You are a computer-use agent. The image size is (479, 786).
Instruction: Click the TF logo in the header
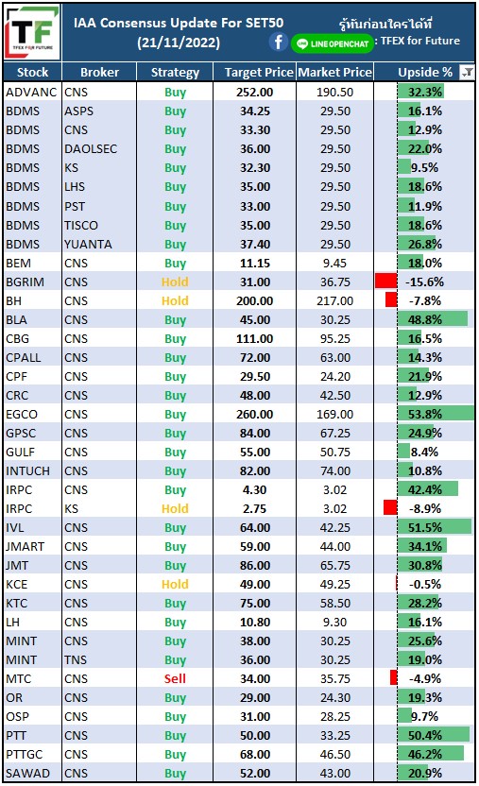[32, 33]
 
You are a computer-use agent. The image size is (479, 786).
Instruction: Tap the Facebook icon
[279, 43]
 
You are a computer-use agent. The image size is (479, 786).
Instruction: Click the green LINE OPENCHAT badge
[333, 43]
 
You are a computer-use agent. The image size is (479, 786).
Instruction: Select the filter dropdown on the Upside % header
[467, 73]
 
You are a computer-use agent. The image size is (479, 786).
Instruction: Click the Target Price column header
[259, 73]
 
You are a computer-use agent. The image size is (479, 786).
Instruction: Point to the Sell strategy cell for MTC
[175, 678]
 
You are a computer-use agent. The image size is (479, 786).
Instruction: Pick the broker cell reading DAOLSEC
[91, 149]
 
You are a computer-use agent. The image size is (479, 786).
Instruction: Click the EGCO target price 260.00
[254, 415]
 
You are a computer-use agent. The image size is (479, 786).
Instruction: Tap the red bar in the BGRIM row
[385, 281]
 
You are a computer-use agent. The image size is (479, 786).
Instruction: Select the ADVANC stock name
[31, 93]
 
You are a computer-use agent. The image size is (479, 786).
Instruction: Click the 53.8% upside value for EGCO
[425, 415]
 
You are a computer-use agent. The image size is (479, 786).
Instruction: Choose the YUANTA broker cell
[88, 244]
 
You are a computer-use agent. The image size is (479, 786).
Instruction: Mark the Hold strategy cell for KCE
[175, 585]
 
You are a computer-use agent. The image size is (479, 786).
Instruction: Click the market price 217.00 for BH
[334, 300]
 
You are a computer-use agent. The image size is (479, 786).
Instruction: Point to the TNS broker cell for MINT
[76, 659]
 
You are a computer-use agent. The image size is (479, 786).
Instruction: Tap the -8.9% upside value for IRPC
[425, 509]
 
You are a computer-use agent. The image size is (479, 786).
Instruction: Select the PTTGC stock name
[24, 755]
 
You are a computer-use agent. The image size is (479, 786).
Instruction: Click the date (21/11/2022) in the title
[179, 43]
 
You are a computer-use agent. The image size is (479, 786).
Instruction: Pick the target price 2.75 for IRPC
[254, 509]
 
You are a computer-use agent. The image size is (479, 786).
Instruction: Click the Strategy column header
[175, 73]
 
